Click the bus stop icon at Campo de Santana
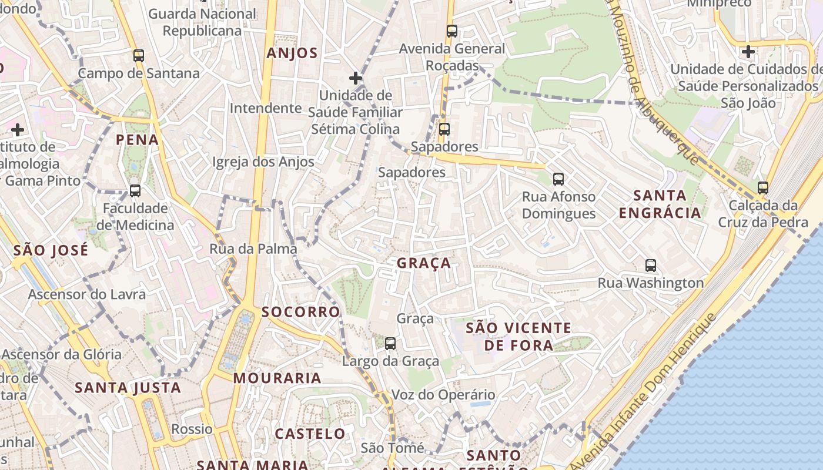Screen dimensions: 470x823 [139, 56]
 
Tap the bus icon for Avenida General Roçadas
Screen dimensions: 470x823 [451, 31]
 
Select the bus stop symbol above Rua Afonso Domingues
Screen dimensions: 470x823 [558, 179]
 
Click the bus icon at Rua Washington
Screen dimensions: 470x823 [650, 265]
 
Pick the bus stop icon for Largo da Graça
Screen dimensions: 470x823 [390, 343]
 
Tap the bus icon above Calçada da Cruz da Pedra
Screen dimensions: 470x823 [762, 188]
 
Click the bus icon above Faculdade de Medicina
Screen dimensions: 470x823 [135, 190]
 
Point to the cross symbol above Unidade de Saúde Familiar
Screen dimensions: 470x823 [355, 78]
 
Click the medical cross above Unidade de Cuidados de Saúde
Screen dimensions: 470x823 [748, 51]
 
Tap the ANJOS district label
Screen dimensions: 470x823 [292, 53]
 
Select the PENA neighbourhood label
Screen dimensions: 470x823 [138, 140]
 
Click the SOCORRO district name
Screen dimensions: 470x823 [301, 312]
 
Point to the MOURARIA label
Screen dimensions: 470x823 [277, 378]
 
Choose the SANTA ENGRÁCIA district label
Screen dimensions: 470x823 [660, 204]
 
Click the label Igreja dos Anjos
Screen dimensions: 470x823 [263, 162]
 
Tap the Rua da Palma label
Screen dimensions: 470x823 [253, 249]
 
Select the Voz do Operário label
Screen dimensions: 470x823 [443, 395]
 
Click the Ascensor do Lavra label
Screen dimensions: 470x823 [87, 294]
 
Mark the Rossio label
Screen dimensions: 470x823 [192, 429]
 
